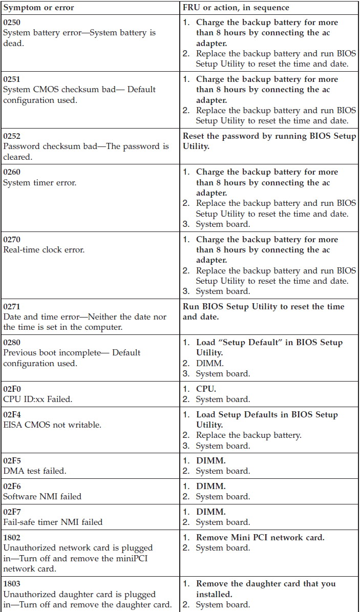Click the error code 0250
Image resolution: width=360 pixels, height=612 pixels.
click(x=12, y=23)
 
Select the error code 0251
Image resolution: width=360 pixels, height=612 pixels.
click(x=12, y=79)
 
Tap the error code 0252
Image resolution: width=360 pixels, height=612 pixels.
click(x=12, y=136)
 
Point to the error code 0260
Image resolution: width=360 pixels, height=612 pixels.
click(x=12, y=172)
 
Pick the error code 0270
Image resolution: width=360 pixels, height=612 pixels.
click(x=12, y=239)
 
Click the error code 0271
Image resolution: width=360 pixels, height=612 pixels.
click(x=12, y=306)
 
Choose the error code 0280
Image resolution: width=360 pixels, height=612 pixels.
click(x=12, y=342)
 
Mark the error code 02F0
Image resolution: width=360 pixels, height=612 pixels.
click(x=12, y=389)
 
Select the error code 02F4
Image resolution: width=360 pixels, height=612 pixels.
click(x=12, y=414)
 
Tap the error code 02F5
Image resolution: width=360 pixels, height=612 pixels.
click(x=12, y=460)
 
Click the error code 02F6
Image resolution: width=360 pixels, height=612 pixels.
click(x=12, y=486)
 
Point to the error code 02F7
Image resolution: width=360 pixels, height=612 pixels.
click(x=12, y=512)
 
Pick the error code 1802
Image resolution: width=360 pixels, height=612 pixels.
click(x=12, y=538)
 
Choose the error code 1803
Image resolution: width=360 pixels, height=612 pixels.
click(x=12, y=584)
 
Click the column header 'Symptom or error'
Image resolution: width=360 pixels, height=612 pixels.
click(x=38, y=8)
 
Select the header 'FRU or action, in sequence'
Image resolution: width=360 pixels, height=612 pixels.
click(x=236, y=8)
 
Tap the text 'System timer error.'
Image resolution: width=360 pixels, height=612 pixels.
click(x=39, y=183)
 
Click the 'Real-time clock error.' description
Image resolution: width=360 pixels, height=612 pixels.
click(x=44, y=250)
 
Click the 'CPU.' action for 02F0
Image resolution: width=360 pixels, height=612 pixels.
click(x=206, y=389)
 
